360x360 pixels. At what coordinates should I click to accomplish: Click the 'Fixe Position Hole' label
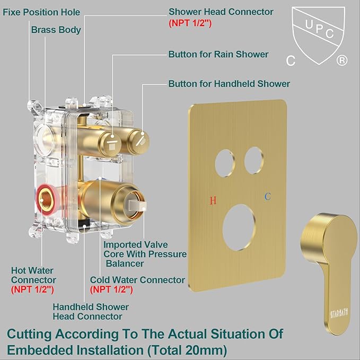(42, 12)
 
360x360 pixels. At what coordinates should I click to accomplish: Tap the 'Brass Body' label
(56, 30)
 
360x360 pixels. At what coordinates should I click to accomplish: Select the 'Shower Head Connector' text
(221, 12)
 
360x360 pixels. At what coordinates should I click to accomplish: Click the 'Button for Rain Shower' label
(218, 54)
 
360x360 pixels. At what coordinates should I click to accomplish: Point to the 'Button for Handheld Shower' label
(229, 83)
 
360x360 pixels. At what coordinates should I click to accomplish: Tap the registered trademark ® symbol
(343, 61)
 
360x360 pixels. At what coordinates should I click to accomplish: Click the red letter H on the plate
(213, 200)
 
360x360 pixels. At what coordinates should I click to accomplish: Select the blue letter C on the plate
(268, 197)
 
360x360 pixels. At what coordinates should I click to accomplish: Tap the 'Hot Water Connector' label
(33, 275)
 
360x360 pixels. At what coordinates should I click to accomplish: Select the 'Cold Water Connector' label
(137, 280)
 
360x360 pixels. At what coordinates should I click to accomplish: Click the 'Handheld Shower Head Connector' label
(90, 312)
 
